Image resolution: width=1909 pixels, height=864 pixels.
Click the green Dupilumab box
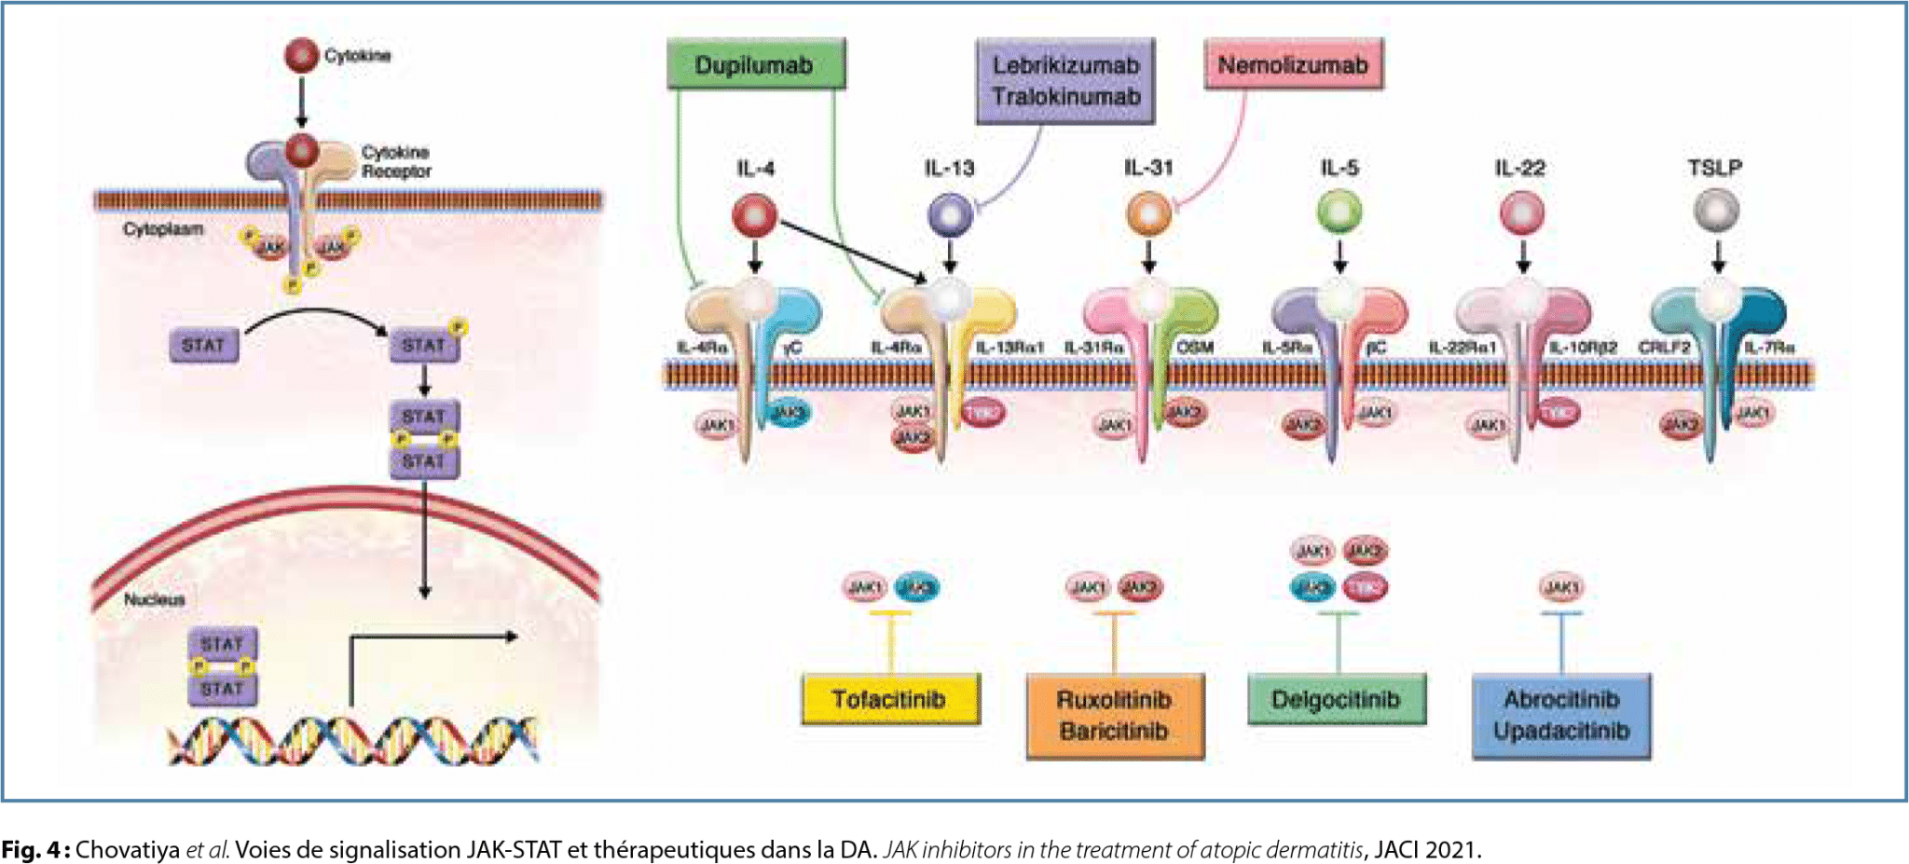(755, 64)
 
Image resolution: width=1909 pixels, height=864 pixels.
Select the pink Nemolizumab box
(1293, 64)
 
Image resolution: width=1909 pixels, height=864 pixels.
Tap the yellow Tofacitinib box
(889, 699)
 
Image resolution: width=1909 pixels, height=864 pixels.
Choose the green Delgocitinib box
(1336, 699)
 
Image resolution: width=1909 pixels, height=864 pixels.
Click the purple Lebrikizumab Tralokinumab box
(1065, 81)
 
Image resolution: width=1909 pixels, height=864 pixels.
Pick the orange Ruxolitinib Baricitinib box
(1114, 715)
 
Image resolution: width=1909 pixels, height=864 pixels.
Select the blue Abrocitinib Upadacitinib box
(1561, 715)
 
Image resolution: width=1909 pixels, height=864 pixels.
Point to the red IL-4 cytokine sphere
(754, 215)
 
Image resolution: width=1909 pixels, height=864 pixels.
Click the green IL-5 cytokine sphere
(1339, 212)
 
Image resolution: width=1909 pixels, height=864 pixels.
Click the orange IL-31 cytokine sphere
(1148, 213)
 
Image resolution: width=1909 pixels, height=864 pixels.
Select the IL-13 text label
(949, 169)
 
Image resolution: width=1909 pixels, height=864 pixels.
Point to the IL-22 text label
(1519, 169)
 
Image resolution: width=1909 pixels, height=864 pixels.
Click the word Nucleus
(155, 599)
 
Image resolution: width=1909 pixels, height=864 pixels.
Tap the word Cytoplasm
(163, 229)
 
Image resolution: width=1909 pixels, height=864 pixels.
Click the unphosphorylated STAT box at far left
(203, 345)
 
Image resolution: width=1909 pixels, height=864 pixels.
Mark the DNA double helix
(352, 741)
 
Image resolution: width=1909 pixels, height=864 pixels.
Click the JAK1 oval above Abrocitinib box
(1560, 587)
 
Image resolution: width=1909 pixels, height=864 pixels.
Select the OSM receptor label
(1195, 348)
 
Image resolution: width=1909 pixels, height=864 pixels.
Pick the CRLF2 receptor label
(1664, 348)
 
